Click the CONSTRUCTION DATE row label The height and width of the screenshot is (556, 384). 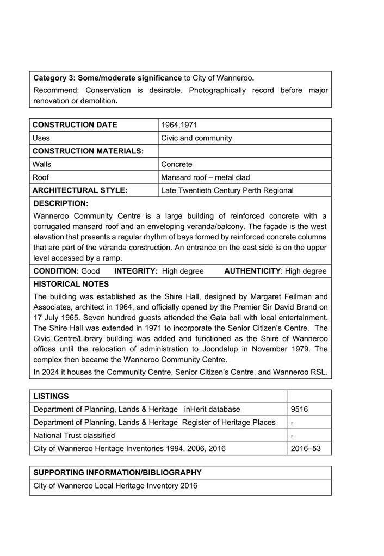75,125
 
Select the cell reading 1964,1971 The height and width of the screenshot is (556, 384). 179,125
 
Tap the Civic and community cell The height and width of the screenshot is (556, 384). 196,138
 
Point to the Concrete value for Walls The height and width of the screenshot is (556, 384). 177,164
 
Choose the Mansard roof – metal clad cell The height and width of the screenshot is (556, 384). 206,177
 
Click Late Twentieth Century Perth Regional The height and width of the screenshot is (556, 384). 227,190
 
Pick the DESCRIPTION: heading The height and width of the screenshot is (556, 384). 61,203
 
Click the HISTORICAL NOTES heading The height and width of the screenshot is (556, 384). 71,284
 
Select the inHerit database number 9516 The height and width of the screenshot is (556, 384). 300,409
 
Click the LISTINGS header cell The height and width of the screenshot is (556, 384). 51,396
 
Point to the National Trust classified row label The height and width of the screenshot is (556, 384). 74,435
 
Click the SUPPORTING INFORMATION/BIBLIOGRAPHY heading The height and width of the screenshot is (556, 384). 117,473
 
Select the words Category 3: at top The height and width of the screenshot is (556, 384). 54,78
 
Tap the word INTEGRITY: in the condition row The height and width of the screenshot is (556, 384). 136,271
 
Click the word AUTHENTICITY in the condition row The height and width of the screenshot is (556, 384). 252,271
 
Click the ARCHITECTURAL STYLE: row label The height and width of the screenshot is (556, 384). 80,190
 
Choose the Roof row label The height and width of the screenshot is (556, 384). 41,177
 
